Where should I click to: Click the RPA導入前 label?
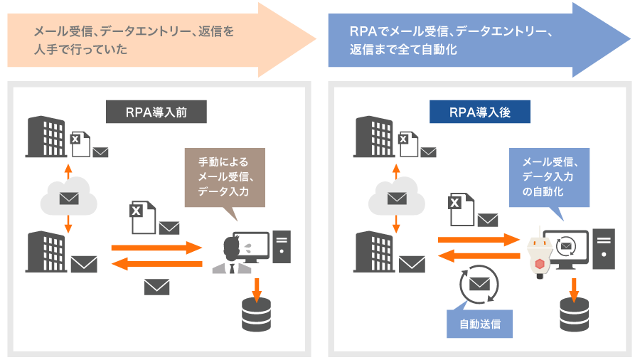156,112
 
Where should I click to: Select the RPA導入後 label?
480,112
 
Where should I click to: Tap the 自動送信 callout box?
480,324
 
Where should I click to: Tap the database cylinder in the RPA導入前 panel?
256,314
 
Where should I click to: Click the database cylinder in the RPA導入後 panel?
574,314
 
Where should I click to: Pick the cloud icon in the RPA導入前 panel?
68,197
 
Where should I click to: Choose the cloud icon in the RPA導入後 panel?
395,197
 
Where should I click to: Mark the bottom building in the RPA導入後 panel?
374,252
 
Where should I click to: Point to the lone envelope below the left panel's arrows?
156,287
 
